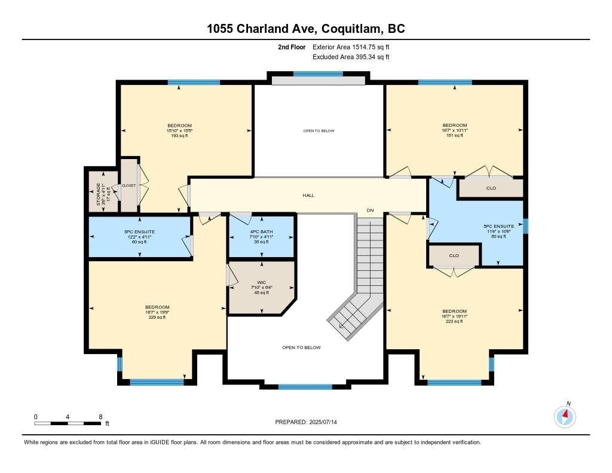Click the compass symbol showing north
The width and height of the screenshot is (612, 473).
tap(565, 416)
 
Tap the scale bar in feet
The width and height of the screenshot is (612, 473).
tap(68, 423)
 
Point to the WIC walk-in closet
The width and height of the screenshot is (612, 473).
tap(261, 287)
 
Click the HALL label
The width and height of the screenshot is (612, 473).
tap(308, 195)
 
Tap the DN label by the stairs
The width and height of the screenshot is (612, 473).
tap(371, 210)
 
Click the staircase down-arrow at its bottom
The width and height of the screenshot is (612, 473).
tap(341, 326)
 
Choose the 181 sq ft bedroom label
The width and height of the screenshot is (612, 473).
tap(454, 130)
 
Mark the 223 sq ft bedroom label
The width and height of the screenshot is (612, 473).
tap(454, 316)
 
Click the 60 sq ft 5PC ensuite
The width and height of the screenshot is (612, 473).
tap(139, 236)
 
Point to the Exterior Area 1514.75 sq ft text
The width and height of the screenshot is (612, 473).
tap(351, 47)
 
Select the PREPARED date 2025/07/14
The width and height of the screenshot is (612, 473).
tap(310, 422)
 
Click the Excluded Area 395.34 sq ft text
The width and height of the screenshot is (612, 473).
tap(351, 57)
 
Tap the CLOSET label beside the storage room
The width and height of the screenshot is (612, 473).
tap(128, 185)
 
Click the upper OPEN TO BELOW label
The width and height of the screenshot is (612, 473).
tap(319, 130)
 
